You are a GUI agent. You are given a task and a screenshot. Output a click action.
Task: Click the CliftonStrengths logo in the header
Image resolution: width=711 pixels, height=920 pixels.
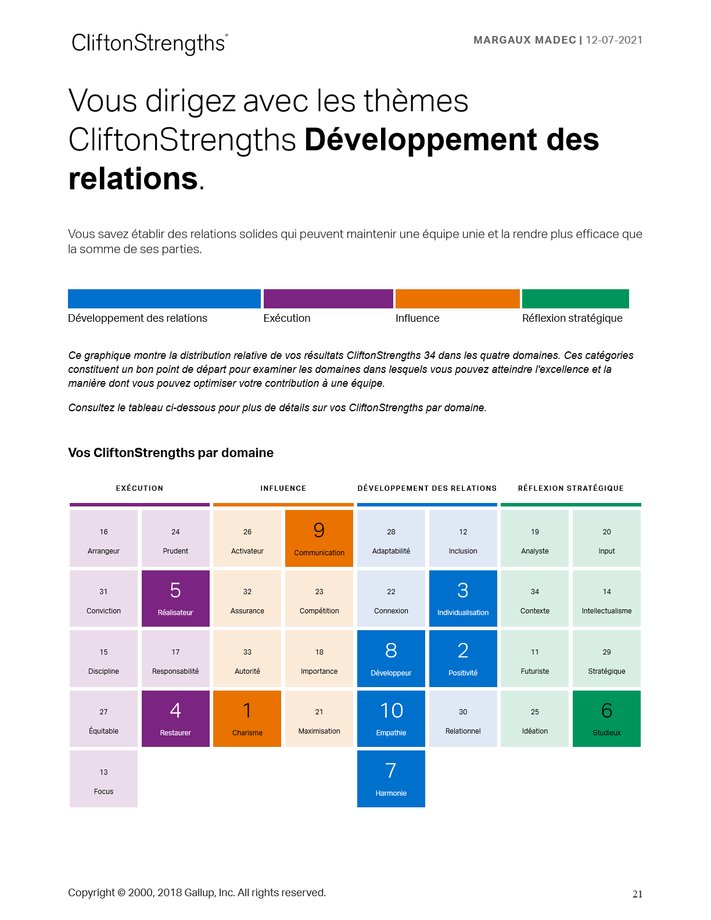pos(149,44)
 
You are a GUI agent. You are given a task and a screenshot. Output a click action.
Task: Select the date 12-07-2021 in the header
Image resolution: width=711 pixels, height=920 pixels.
pos(614,40)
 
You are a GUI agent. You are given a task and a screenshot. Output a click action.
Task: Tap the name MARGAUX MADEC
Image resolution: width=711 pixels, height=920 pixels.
pos(525,40)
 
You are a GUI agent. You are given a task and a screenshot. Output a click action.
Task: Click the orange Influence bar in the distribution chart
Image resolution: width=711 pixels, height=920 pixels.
pos(457,299)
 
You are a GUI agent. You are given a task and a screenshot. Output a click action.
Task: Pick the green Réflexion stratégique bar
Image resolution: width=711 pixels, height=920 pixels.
pos(575,299)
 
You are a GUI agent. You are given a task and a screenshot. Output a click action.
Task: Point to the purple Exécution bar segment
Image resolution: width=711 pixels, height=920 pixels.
pos(328,299)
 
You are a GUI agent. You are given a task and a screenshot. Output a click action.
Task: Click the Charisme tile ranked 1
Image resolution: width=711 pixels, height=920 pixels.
pos(247,718)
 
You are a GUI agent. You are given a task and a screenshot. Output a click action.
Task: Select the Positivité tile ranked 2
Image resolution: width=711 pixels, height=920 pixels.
pos(463,659)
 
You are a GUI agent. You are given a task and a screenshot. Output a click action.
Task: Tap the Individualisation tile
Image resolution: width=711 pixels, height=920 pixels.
pos(463,598)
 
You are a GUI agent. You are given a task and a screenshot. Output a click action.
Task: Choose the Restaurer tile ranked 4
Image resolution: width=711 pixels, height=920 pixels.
pos(175,718)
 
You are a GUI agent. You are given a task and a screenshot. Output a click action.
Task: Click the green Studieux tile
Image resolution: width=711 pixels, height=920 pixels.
pos(606,718)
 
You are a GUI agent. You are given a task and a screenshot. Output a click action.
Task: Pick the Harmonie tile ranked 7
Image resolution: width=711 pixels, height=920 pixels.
pos(391,778)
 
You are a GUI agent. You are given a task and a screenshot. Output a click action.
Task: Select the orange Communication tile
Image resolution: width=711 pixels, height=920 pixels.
pos(319,538)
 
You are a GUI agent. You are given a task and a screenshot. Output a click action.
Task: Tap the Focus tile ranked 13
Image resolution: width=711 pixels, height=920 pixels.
pos(103,778)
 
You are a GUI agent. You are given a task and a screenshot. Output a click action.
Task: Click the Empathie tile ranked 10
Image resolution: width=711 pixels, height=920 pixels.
pos(391,718)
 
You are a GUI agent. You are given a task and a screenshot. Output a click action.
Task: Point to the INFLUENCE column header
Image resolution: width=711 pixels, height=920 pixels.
pos(283,488)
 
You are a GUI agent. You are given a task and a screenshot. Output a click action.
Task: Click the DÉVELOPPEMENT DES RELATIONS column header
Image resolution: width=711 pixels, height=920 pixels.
pos(427,488)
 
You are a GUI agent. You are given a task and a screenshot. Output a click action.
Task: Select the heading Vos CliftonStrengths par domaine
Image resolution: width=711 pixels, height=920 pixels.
pos(171,453)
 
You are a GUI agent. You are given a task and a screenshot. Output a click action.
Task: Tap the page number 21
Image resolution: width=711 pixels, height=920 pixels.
pos(637,894)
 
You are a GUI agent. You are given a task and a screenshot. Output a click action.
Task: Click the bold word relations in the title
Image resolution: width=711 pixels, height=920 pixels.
pos(134,178)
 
